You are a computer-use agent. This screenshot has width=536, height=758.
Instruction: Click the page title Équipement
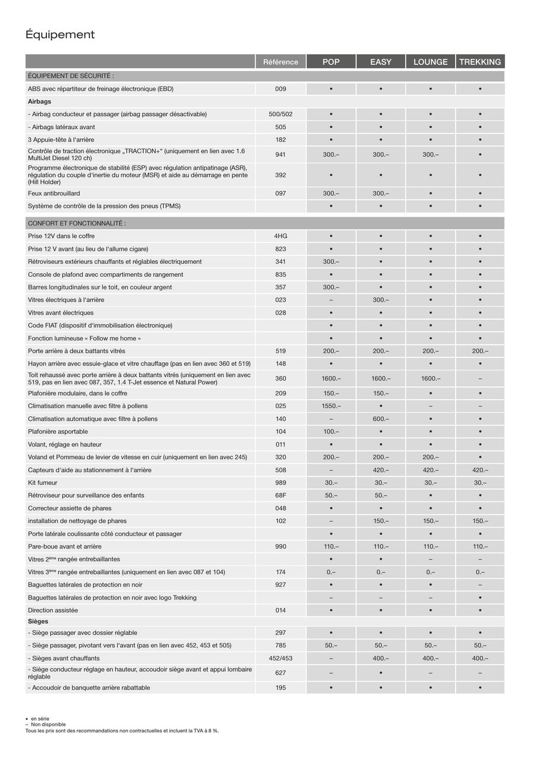point(60,35)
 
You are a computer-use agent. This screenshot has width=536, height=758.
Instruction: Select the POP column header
point(331,62)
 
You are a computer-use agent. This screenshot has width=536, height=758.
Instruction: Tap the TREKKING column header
point(480,62)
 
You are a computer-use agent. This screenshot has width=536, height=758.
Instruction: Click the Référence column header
point(281,62)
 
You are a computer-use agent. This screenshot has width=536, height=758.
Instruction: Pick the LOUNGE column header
point(430,62)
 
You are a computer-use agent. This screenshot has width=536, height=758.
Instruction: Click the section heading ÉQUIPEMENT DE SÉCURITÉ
point(71,76)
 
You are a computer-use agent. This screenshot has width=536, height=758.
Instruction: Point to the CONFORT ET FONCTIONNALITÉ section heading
point(77,223)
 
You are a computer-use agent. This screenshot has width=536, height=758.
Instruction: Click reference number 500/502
point(281,114)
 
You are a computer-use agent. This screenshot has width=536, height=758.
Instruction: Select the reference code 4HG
point(281,236)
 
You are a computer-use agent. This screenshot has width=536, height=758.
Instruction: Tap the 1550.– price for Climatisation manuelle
point(331,406)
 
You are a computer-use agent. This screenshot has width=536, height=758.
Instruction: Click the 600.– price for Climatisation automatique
point(381,419)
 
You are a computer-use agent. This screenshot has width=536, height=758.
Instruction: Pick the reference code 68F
point(281,495)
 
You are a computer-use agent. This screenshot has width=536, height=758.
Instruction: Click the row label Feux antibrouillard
point(54,194)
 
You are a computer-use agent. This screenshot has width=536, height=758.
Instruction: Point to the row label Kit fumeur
point(42,483)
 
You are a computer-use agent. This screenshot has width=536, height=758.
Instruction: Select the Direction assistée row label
point(53,610)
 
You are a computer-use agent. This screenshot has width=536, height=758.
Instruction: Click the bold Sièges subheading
point(38,622)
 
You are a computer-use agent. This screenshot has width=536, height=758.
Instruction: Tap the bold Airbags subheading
point(39,102)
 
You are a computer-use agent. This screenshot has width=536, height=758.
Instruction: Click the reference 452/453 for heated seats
point(281,659)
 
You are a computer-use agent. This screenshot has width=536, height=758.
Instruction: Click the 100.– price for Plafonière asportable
point(331,432)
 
